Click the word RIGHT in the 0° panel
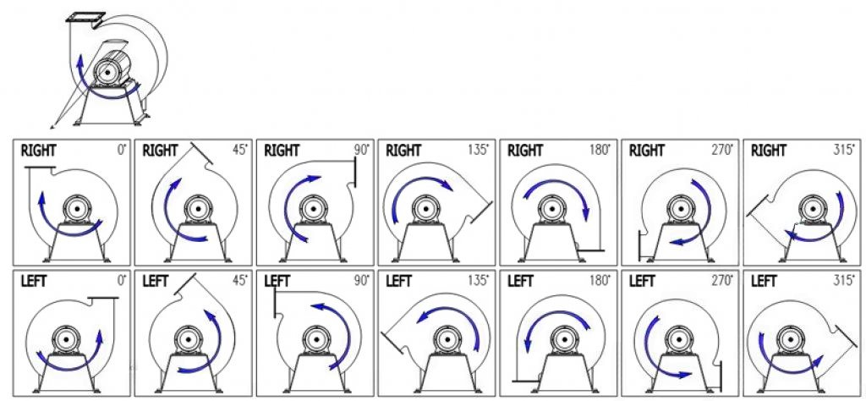(x=38, y=151)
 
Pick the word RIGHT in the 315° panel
(x=768, y=151)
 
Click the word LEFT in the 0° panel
(x=34, y=281)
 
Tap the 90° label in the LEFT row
(x=361, y=281)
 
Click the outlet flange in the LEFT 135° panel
(x=393, y=343)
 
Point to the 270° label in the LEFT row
(x=721, y=281)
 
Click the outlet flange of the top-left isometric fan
(x=85, y=18)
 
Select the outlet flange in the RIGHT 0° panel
(x=40, y=167)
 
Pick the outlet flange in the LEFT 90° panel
(x=275, y=303)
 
